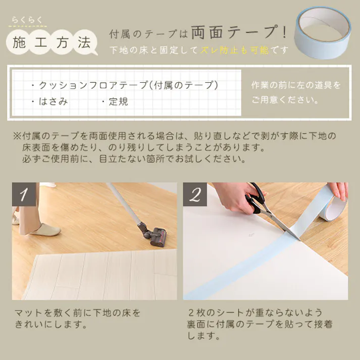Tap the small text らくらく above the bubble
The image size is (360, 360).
point(29,20)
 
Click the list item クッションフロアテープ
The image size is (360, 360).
point(89,85)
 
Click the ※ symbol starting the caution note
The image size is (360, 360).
point(17,136)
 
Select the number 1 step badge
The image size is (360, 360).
point(23,194)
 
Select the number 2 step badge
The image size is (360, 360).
point(195,194)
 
